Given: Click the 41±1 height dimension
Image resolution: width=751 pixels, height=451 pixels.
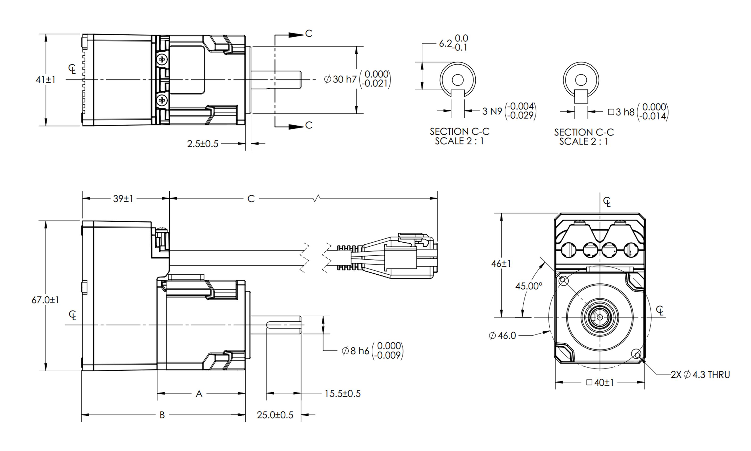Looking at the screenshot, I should [45, 80].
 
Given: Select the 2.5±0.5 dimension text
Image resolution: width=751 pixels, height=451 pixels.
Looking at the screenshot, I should [203, 143].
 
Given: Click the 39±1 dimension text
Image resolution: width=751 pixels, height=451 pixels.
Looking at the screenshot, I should [123, 199].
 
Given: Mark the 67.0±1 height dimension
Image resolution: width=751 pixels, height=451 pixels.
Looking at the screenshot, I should [45, 300].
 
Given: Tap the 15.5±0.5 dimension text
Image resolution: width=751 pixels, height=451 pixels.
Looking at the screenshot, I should [343, 393].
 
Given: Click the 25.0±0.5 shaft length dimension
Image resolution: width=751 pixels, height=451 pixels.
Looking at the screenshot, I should [275, 415].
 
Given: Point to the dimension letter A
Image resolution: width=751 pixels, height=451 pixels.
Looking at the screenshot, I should [199, 394].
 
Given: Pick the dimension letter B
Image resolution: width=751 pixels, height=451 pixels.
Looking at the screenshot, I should [162, 415].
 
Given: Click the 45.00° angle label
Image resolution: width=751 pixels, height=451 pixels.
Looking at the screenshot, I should [529, 286].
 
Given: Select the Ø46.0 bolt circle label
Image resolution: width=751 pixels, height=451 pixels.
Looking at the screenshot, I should [502, 335].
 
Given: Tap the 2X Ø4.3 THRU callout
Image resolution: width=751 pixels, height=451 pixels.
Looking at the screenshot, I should [700, 374].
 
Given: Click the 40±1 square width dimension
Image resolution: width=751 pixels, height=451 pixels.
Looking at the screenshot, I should [600, 382].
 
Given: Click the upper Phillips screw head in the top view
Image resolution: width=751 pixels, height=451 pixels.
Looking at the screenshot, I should [162, 59].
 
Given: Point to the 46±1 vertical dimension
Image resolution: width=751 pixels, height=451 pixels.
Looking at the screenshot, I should [501, 264].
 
